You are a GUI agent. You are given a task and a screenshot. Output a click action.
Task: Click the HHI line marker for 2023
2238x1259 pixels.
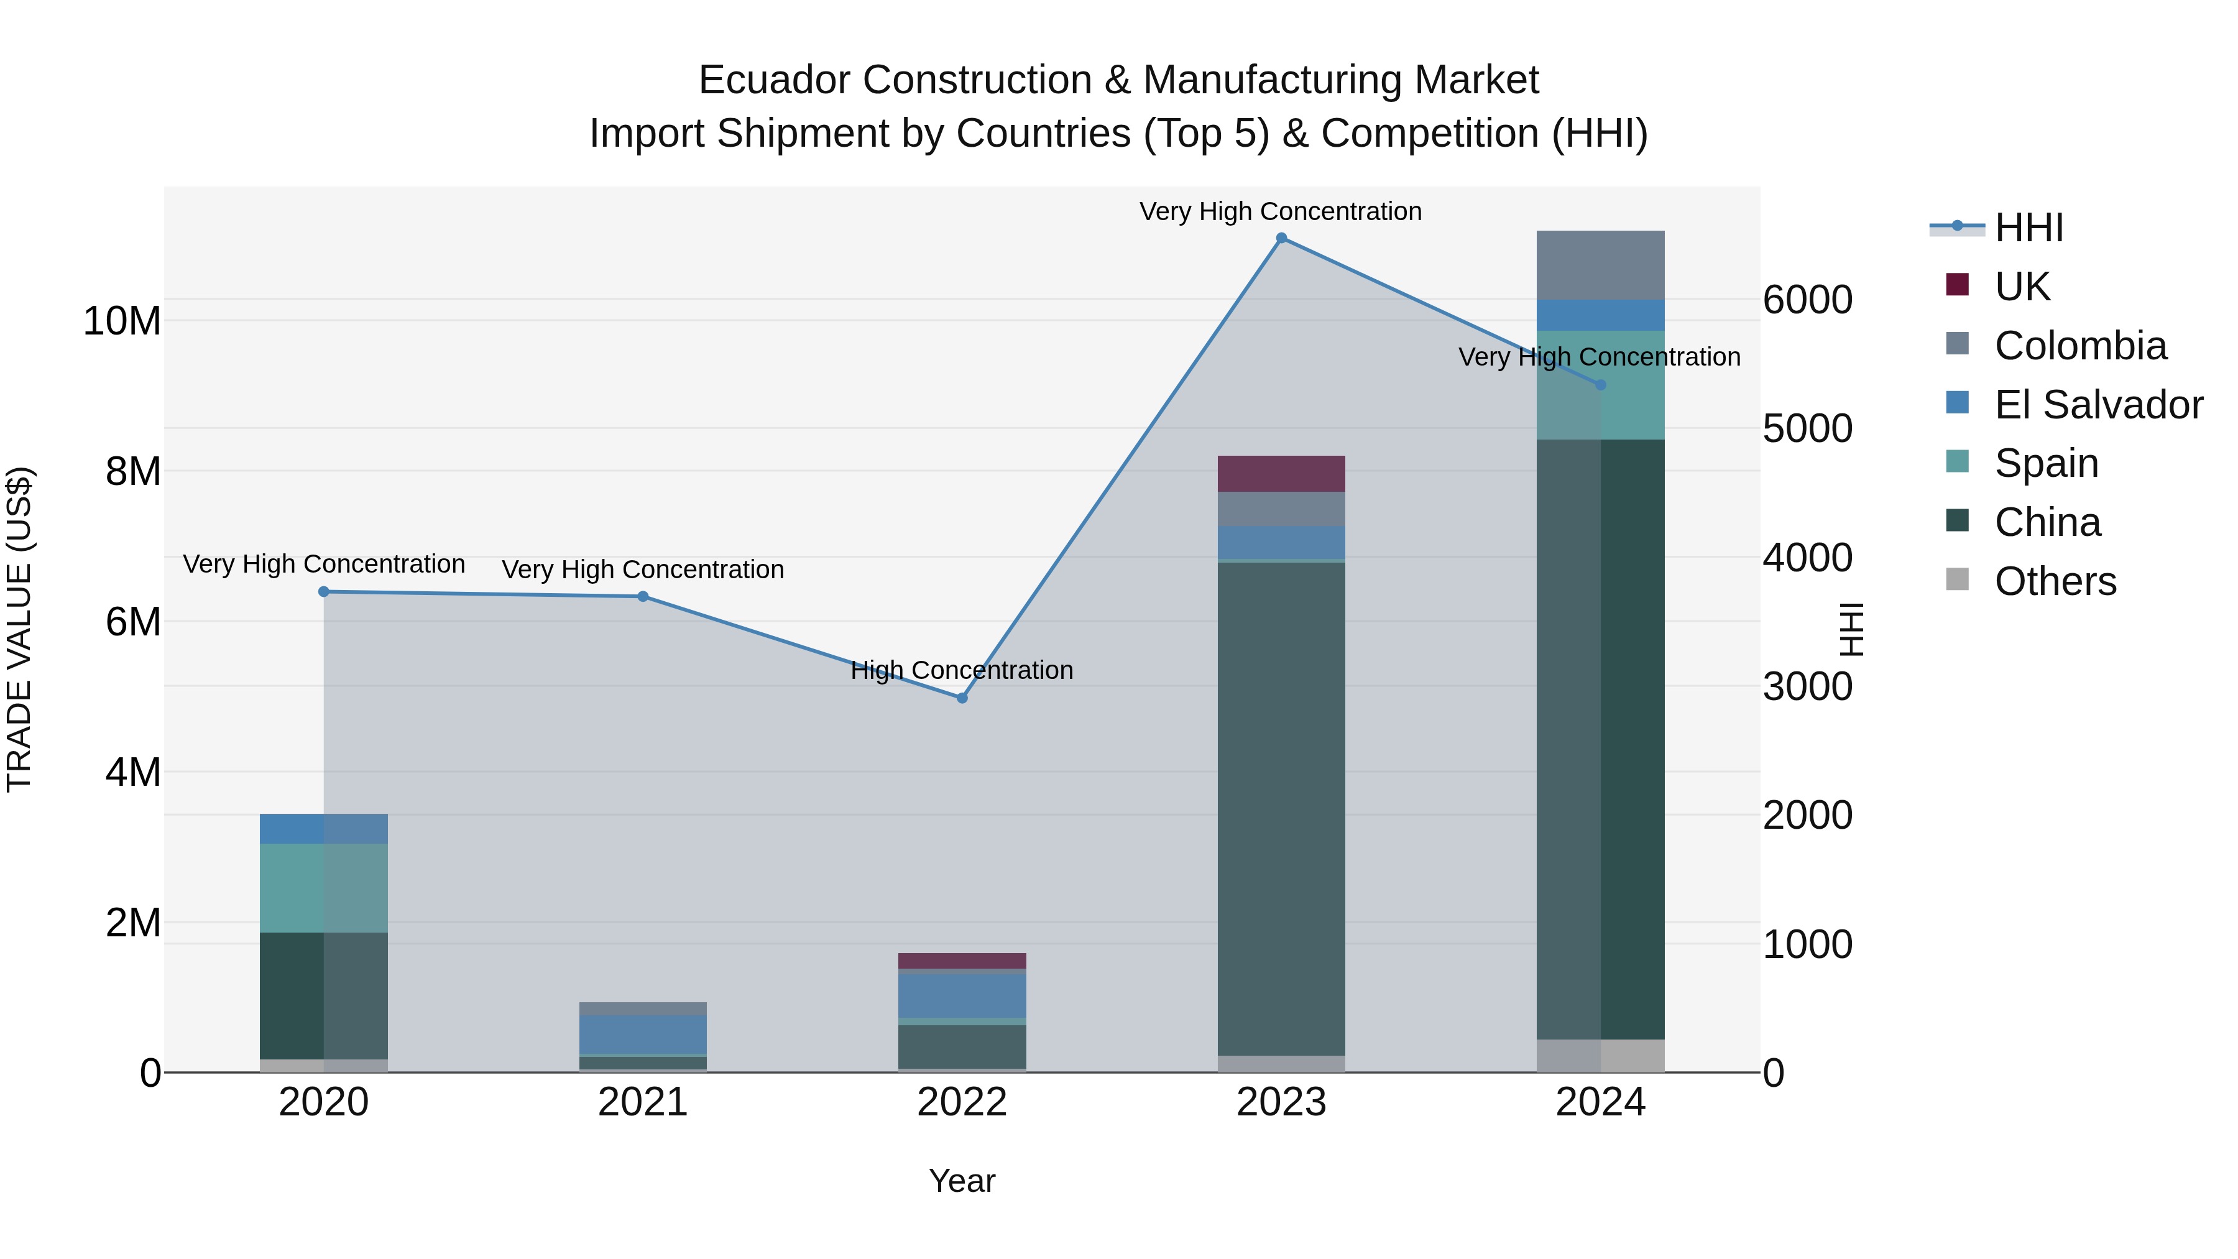(x=1281, y=238)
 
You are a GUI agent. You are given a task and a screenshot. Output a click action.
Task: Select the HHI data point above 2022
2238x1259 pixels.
(x=962, y=698)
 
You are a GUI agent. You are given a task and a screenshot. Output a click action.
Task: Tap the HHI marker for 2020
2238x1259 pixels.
(x=324, y=592)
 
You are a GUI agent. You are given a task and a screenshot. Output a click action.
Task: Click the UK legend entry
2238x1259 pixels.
(x=2022, y=287)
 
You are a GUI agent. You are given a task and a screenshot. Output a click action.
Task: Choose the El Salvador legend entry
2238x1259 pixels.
(x=2098, y=405)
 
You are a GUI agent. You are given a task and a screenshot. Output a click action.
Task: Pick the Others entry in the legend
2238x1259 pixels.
(x=2055, y=581)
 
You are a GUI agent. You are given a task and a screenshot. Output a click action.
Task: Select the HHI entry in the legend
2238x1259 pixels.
(x=2028, y=228)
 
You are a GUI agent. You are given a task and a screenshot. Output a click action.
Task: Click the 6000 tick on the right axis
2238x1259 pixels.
(x=1808, y=301)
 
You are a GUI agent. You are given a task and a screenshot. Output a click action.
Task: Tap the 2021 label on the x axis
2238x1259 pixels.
(x=643, y=1102)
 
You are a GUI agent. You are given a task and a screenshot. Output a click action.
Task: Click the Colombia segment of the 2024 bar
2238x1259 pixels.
(x=1600, y=265)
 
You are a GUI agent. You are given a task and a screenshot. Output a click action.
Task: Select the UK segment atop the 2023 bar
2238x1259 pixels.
(x=1281, y=474)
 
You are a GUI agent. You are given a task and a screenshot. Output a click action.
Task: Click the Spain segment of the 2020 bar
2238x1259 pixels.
(x=324, y=887)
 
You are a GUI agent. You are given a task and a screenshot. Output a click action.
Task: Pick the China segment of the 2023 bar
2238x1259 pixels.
(x=1281, y=808)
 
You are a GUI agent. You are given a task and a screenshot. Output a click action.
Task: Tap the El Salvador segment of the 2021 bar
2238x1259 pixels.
(x=643, y=1034)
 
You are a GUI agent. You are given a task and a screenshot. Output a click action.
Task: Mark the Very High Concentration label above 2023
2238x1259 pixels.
(x=1281, y=211)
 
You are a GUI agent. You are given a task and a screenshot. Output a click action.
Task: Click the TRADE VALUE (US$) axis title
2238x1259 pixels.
(x=19, y=629)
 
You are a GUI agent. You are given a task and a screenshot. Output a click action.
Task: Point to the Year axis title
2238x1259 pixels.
(x=962, y=1181)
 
